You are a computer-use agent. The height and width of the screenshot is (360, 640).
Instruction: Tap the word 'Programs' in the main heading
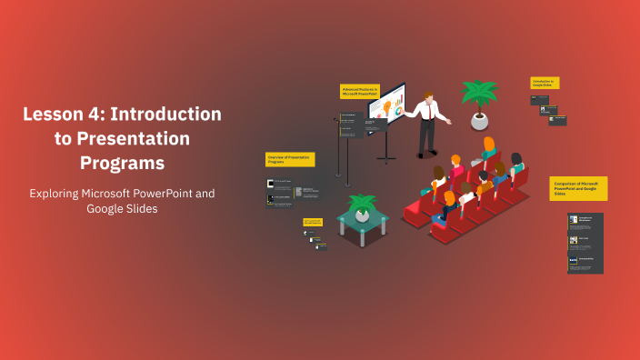point(122,163)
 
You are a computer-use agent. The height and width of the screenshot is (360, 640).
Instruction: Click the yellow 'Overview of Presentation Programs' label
point(290,159)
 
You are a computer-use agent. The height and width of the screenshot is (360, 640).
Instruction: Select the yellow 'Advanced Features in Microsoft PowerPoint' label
point(359,91)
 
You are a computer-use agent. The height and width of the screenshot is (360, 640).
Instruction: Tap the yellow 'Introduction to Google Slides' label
point(545,83)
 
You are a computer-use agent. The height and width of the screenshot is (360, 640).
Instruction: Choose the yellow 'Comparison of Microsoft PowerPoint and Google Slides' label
point(578,188)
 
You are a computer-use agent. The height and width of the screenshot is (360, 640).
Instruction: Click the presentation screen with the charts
point(386,106)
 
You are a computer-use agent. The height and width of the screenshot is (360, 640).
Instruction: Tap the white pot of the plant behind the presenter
point(478,121)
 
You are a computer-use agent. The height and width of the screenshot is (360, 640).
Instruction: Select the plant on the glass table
point(363,205)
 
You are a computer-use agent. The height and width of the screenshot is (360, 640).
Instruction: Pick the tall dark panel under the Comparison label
point(585,243)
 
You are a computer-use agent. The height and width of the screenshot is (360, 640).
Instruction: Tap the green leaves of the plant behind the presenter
point(479,92)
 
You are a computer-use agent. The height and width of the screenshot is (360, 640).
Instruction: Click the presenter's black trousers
point(425,136)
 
